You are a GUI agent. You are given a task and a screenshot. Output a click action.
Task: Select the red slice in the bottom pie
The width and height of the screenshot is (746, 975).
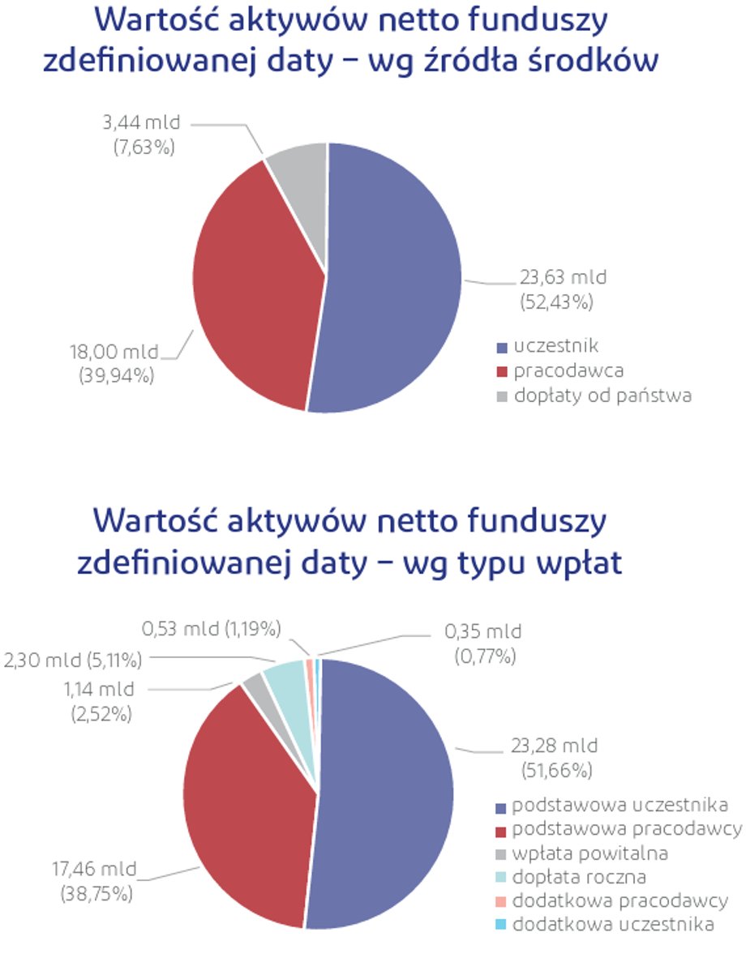(x=243, y=802)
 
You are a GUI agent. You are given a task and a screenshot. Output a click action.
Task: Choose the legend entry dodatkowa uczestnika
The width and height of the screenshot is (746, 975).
(x=613, y=925)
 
